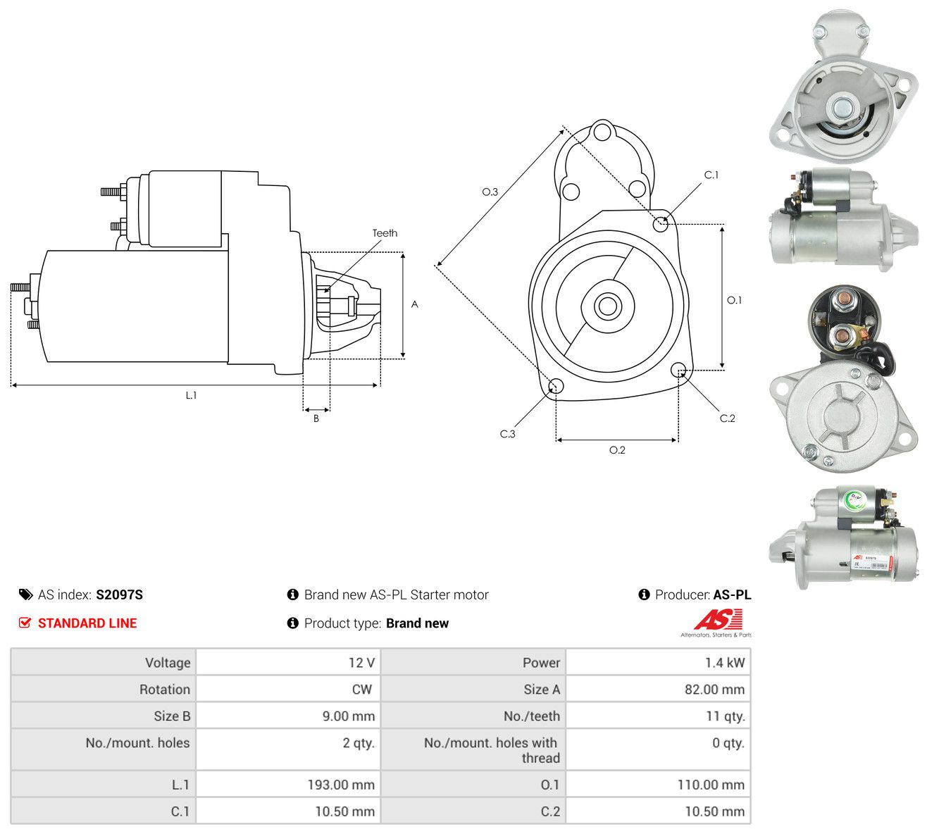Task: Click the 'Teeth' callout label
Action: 385,233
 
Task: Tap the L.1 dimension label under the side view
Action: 191,395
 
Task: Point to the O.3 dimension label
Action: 490,192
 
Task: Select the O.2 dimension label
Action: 617,450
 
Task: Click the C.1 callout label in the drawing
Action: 711,175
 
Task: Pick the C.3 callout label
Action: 507,434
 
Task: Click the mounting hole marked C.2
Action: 678,370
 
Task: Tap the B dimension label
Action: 316,418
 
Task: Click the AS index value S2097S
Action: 119,595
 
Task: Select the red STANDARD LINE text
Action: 87,623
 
